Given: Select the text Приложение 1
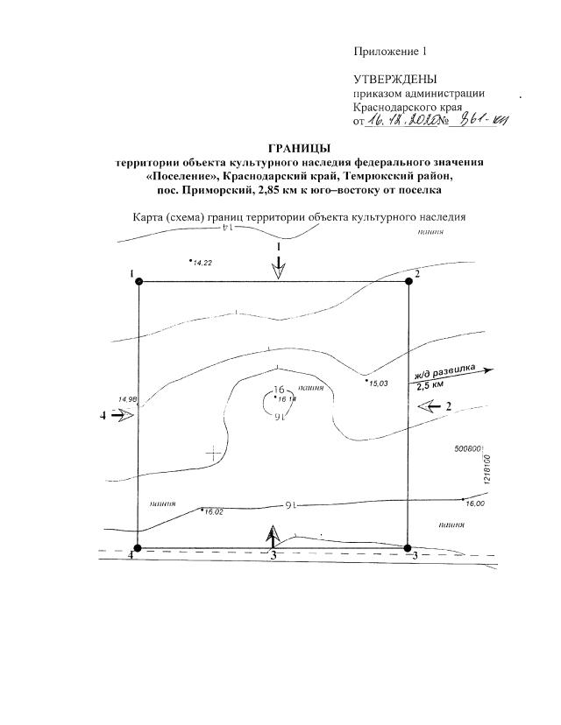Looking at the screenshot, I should [x=390, y=52].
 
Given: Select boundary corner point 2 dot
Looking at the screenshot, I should [x=408, y=281].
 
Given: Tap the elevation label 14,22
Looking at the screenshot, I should [x=202, y=263].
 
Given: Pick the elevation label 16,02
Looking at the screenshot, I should [x=214, y=511].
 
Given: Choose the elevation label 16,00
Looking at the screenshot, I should [x=474, y=504].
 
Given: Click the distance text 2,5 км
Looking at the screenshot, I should [x=430, y=386].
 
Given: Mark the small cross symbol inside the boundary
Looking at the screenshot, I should [x=213, y=453].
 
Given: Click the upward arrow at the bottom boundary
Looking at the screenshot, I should [x=273, y=535].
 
